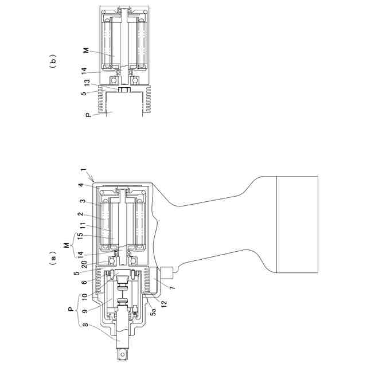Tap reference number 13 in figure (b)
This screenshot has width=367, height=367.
tap(87, 83)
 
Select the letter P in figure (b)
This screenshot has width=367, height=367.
tap(88, 115)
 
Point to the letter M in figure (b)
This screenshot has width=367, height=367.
tap(87, 50)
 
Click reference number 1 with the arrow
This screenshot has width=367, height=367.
tap(83, 170)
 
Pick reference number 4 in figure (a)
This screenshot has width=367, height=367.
tap(81, 185)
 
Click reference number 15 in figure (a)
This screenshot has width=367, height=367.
tap(80, 236)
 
